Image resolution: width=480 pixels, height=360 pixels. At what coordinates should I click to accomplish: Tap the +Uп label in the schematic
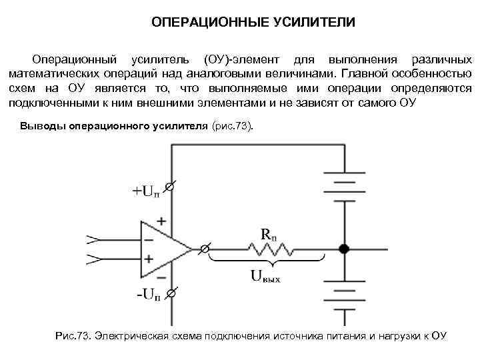pyautogui.click(x=146, y=192)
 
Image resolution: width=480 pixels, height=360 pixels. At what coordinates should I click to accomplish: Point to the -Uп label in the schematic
pyautogui.click(x=148, y=294)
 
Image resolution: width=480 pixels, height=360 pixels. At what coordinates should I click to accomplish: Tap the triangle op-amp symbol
pyautogui.click(x=164, y=249)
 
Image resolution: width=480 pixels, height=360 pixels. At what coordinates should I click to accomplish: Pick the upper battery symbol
pyautogui.click(x=344, y=184)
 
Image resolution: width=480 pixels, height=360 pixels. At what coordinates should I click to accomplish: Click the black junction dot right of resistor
pyautogui.click(x=344, y=249)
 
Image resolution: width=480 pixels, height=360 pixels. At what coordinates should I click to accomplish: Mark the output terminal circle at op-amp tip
pyautogui.click(x=205, y=249)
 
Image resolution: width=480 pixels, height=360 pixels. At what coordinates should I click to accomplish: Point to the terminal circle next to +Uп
pyautogui.click(x=170, y=189)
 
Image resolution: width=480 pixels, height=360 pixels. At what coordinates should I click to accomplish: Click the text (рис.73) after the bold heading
pyautogui.click(x=233, y=127)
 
